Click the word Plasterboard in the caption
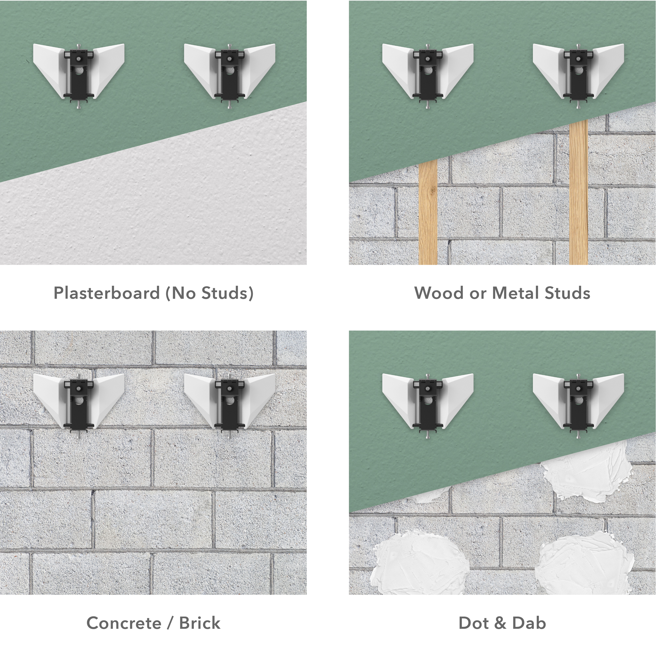point(107,293)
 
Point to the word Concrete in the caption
point(124,623)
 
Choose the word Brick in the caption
point(200,623)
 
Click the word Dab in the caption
point(529,623)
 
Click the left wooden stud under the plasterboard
point(428,212)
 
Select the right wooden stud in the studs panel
point(579,192)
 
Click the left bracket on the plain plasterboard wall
point(79,75)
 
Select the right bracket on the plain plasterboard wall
point(230,75)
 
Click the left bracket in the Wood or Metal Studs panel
point(428,75)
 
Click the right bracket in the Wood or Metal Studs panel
point(579,75)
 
